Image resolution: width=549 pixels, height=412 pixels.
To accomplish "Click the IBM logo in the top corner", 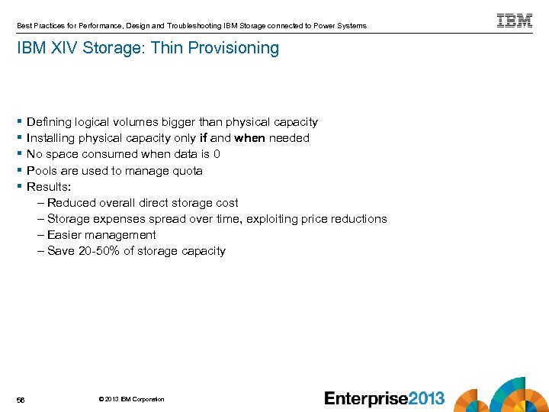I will coord(515,21).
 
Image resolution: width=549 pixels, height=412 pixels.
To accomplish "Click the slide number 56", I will coord(21,399).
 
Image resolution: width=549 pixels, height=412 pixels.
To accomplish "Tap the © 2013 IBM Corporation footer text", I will coord(131,399).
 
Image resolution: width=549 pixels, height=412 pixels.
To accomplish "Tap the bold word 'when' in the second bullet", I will coord(249,138).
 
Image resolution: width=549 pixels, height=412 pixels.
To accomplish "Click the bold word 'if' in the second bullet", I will coord(203,138).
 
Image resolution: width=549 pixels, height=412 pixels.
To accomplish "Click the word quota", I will coord(187,171).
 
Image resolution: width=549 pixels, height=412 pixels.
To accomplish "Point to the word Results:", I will coord(49,187).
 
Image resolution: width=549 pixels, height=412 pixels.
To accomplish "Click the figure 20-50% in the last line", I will coord(101,251).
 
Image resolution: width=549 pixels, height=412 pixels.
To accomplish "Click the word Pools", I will coord(42,171).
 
